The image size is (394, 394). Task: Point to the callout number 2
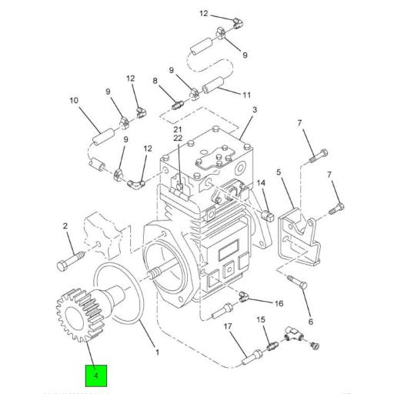point(65,225)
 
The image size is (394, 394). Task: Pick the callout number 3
point(253,111)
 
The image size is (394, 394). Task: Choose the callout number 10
point(247,95)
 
